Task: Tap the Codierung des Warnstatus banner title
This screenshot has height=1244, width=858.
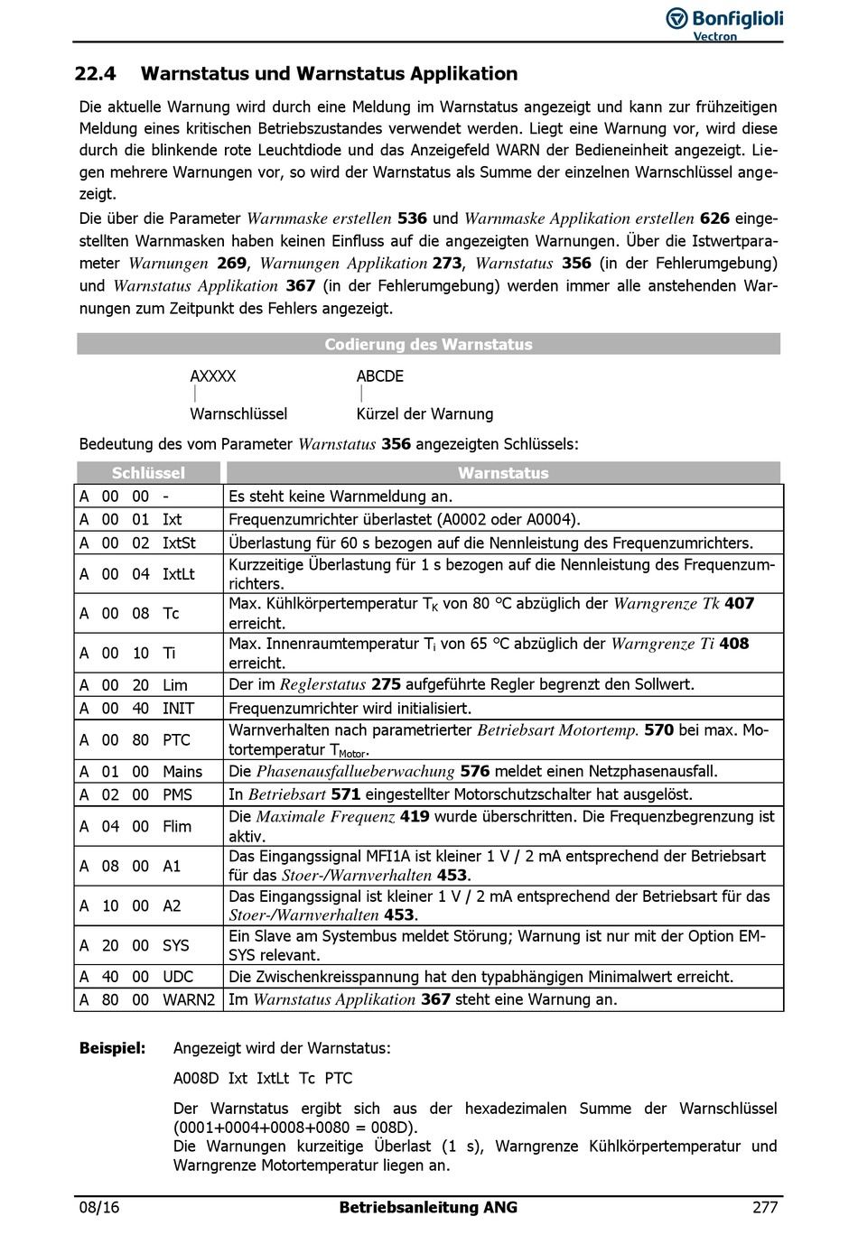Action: coord(428,344)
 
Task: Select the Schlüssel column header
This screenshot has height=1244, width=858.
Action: coord(148,472)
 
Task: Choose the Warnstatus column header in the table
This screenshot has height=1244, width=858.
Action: coord(503,472)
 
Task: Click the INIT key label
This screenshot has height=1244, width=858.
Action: coord(178,709)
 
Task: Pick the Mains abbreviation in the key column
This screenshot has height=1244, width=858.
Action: coord(182,772)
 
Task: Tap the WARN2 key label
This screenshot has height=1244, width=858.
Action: coord(189,999)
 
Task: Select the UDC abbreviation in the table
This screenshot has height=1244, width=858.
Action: coord(178,977)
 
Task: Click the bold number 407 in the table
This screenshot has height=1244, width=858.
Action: coord(739,603)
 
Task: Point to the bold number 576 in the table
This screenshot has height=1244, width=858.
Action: coord(474,772)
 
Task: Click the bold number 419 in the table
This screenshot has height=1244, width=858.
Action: coord(415,817)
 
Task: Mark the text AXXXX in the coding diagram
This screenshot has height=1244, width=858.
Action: coord(212,376)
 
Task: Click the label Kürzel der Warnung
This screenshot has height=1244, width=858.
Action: coord(424,414)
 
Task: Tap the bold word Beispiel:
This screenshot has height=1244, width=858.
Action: coord(112,1048)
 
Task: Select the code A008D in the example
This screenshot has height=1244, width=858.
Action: coord(196,1078)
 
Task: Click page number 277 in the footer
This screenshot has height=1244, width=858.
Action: coord(764,1208)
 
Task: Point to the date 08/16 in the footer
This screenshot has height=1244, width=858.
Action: coord(98,1208)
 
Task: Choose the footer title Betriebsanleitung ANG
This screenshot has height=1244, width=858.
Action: coord(428,1208)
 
